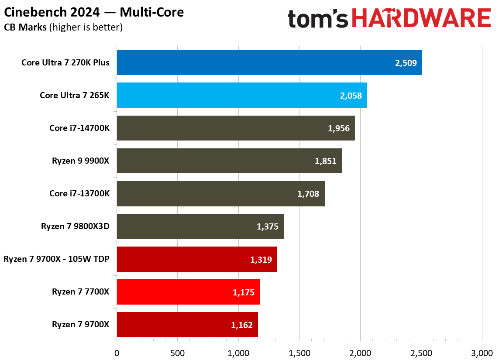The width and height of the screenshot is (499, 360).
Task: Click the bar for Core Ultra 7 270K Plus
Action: pyautogui.click(x=269, y=62)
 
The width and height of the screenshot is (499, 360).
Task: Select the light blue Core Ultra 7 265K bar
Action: pyautogui.click(x=241, y=95)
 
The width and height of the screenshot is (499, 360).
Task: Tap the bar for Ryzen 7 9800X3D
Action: pyautogui.click(x=200, y=226)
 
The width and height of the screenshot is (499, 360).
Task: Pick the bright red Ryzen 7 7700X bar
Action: pyautogui.click(x=188, y=292)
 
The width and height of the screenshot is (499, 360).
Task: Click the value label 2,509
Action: pyautogui.click(x=406, y=63)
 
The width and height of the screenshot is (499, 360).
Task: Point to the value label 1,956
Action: pyautogui.click(x=339, y=128)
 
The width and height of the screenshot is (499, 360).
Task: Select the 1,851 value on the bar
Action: pyautogui.click(x=326, y=161)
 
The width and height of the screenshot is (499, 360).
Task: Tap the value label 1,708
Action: pyautogui.click(x=308, y=194)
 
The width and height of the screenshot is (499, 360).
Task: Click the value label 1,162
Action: pyautogui.click(x=242, y=325)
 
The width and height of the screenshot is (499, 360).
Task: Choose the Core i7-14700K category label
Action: pyautogui.click(x=79, y=128)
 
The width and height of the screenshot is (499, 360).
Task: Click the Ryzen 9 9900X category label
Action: pyautogui.click(x=80, y=161)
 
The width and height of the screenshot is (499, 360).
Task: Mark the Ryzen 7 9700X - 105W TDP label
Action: pyautogui.click(x=56, y=259)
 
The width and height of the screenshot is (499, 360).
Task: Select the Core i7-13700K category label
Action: pyautogui.click(x=79, y=194)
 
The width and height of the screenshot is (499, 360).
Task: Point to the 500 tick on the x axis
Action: pyautogui.click(x=177, y=352)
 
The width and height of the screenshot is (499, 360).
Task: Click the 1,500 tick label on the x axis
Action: pyautogui.click(x=299, y=352)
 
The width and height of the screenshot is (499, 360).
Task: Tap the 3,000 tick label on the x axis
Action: pyautogui.click(x=482, y=352)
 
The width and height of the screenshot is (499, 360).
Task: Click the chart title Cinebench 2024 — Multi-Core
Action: pyautogui.click(x=94, y=12)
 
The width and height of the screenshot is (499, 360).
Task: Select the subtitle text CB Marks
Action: pyautogui.click(x=25, y=27)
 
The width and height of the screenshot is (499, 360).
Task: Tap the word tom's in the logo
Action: pyautogui.click(x=318, y=19)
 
